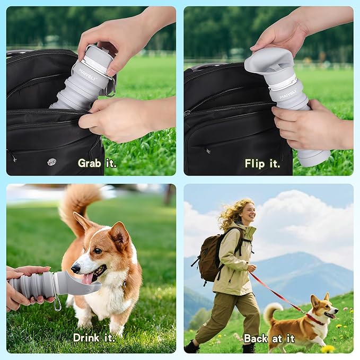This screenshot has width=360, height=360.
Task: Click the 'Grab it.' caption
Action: [x=97, y=163]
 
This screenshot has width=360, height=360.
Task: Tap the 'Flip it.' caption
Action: [x=262, y=163]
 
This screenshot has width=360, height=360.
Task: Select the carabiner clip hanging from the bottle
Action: [x=57, y=303]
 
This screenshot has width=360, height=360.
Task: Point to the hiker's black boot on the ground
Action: [x=191, y=347]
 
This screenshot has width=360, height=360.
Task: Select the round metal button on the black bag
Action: [x=51, y=162]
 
